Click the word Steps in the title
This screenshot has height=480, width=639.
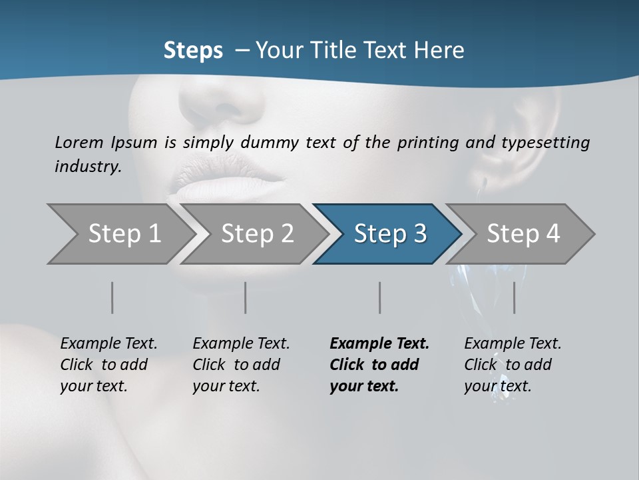(x=193, y=51)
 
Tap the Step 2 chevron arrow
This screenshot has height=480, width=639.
(x=257, y=234)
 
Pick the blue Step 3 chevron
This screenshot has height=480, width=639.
(x=390, y=234)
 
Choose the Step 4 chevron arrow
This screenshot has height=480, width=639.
(x=523, y=234)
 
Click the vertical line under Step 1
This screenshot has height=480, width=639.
(x=112, y=297)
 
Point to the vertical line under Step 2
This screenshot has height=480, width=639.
(x=246, y=297)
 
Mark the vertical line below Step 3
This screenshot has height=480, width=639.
(x=379, y=297)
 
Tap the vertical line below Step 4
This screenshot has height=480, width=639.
(x=514, y=297)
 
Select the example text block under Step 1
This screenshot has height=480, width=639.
(x=108, y=365)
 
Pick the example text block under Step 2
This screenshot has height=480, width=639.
(x=241, y=365)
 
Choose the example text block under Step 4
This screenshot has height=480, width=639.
(x=513, y=365)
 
